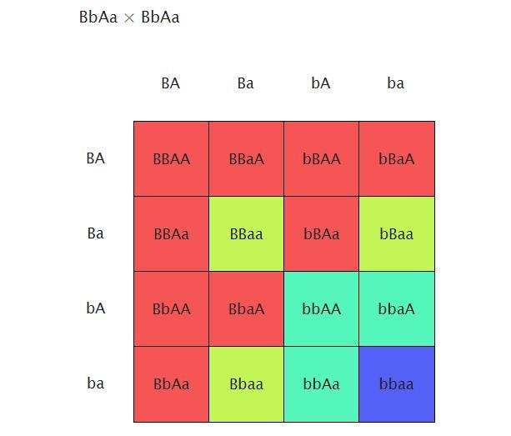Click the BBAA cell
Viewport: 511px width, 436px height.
click(171, 158)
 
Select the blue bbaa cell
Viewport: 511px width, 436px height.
click(397, 384)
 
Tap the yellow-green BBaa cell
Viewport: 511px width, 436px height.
click(246, 234)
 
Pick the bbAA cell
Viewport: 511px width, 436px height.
click(321, 309)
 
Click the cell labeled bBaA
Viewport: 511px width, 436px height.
click(397, 158)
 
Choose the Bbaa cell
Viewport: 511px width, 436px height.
click(246, 384)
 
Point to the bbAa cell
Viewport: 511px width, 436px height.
click(321, 384)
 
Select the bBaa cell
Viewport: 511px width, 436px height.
click(397, 234)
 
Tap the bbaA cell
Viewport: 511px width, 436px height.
click(397, 309)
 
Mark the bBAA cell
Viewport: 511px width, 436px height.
click(321, 158)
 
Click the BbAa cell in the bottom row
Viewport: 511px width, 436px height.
click(171, 384)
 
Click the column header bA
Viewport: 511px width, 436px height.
click(321, 83)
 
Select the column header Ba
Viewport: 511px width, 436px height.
click(246, 83)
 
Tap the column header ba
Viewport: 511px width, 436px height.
click(396, 83)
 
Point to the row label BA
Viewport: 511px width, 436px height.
click(96, 158)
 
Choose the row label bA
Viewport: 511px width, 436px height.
click(96, 308)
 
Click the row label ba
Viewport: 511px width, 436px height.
click(96, 383)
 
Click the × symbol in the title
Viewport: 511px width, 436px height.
click(129, 18)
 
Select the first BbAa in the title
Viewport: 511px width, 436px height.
click(98, 18)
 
